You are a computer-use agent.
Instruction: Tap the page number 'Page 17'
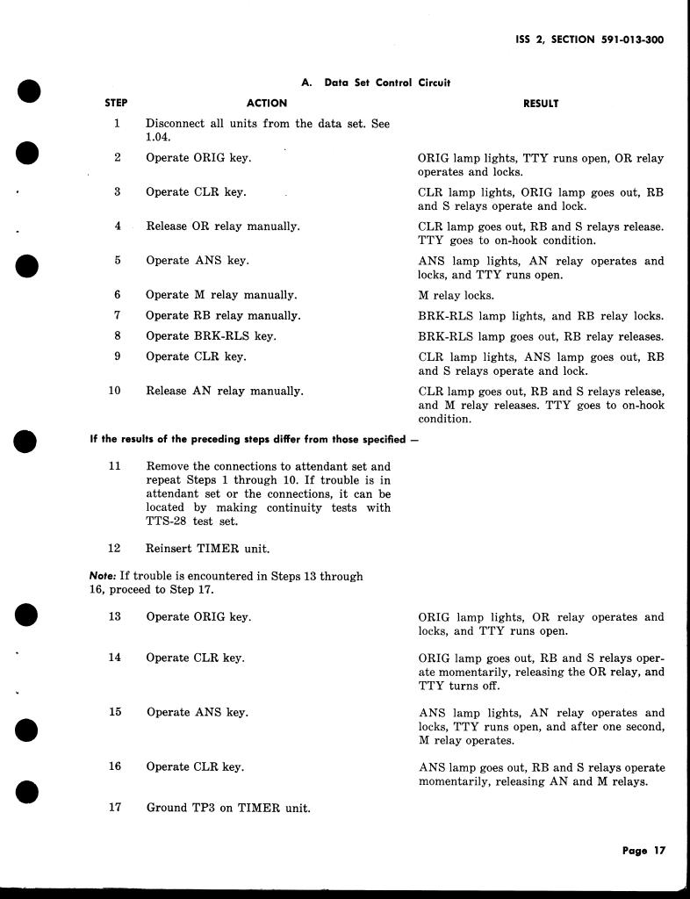tap(644, 851)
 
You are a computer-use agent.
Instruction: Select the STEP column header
tap(116, 103)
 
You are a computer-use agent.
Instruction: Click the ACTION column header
tap(267, 103)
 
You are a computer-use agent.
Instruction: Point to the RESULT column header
tap(540, 104)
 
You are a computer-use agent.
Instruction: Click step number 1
tap(116, 124)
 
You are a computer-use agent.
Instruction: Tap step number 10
tap(115, 391)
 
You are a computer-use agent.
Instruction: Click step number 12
tap(114, 549)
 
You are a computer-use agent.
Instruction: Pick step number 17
tap(115, 807)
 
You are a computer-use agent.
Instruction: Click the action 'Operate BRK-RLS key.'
tap(211, 336)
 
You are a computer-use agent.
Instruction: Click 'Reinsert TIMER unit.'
tap(207, 550)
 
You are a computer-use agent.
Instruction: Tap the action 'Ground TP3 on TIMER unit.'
tap(228, 808)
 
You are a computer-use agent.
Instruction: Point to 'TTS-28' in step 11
tap(166, 521)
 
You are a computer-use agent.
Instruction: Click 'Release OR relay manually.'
tap(222, 227)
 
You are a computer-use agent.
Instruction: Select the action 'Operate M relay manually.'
tap(221, 295)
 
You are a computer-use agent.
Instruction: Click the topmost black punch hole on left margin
tap(29, 90)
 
